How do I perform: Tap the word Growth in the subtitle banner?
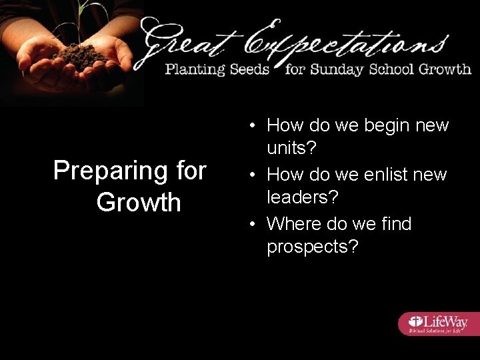pyautogui.click(x=444, y=69)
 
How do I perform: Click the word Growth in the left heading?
pyautogui.click(x=139, y=202)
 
